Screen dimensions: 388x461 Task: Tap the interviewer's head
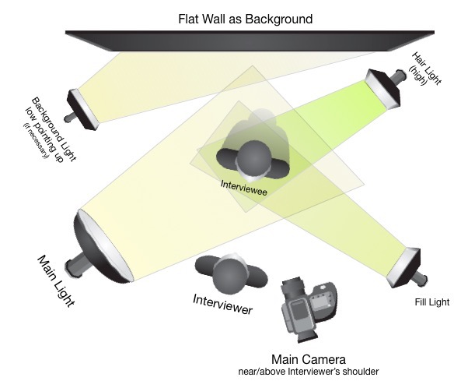point(229,274)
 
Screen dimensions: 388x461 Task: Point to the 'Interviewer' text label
point(222,303)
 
